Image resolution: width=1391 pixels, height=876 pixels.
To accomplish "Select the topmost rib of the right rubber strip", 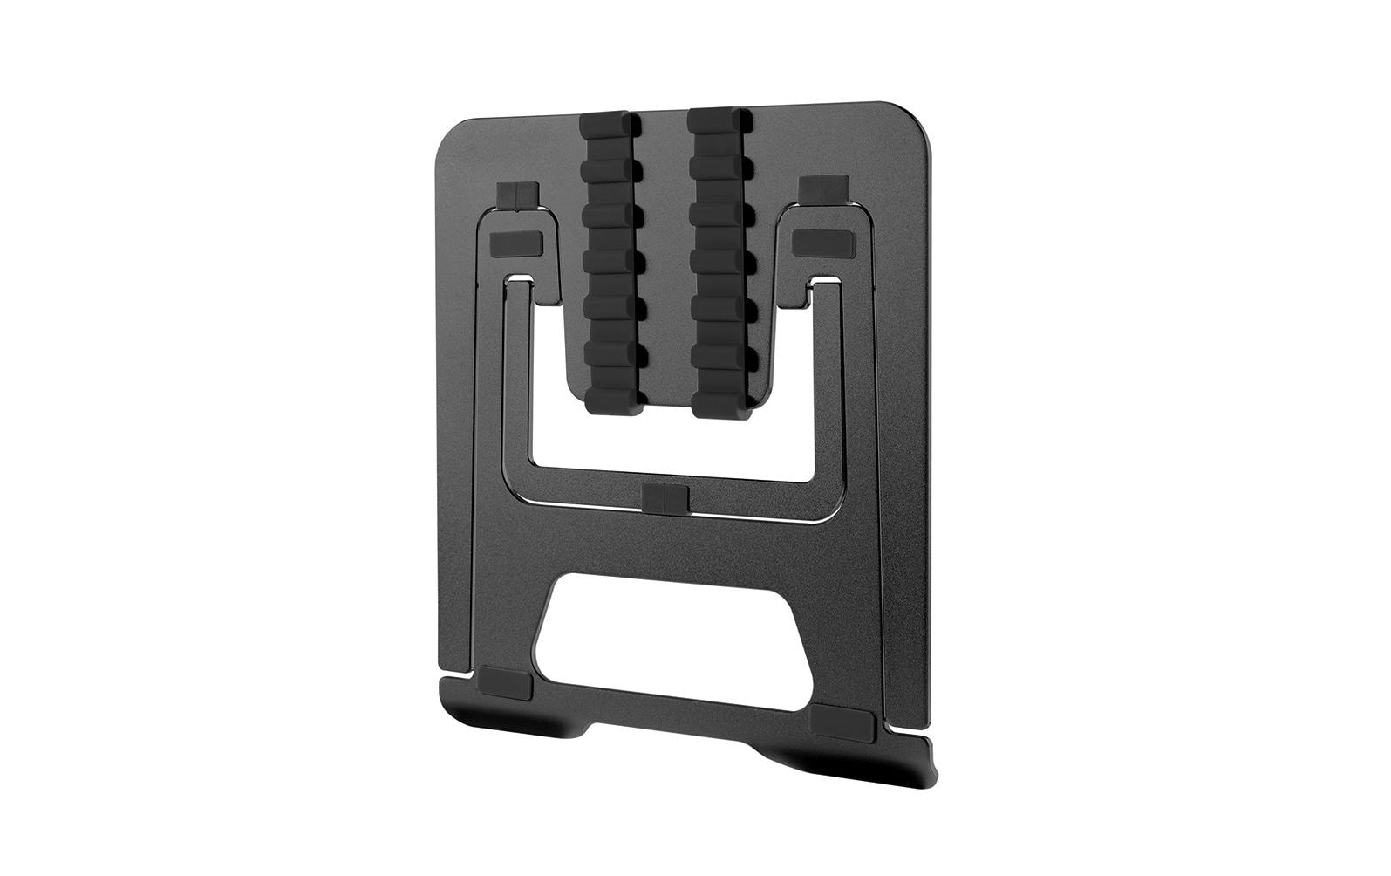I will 718,121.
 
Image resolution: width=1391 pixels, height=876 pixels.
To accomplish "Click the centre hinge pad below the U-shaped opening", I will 665,500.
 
